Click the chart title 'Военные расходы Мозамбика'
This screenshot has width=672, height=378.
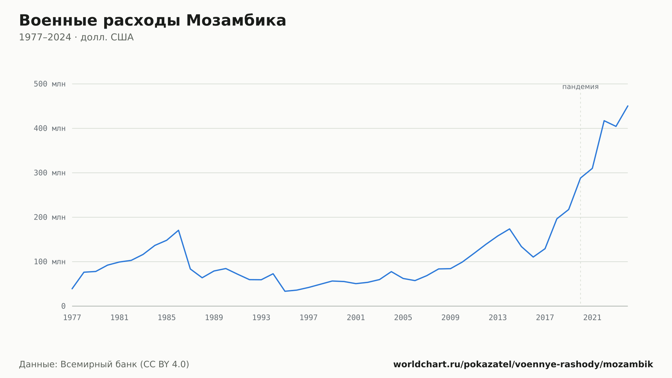click(x=153, y=21)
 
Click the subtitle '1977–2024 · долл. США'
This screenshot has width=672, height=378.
click(x=76, y=37)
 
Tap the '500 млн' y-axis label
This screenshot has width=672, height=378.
click(x=49, y=84)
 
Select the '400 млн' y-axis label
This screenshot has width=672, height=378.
click(x=49, y=128)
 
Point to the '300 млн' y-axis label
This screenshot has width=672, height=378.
click(x=49, y=173)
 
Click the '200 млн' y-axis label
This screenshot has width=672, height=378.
click(x=49, y=217)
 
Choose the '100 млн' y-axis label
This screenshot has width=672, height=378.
click(x=49, y=262)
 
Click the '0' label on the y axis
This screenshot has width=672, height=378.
click(x=63, y=306)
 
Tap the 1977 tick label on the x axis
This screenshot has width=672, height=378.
click(x=72, y=318)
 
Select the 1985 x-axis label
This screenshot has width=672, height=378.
click(x=167, y=318)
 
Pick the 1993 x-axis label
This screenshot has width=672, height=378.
click(x=261, y=318)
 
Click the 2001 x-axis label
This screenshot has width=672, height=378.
click(x=356, y=318)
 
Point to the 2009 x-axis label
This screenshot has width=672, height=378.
click(x=451, y=318)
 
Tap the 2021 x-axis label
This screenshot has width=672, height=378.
click(x=592, y=318)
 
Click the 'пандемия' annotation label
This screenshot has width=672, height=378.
click(x=580, y=87)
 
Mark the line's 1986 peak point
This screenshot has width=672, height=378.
click(x=178, y=230)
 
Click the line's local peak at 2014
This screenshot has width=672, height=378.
click(x=510, y=229)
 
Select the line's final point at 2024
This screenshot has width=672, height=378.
click(x=628, y=106)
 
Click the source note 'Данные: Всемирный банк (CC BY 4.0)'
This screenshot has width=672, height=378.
click(x=104, y=365)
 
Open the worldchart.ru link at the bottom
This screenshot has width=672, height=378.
click(x=523, y=365)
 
